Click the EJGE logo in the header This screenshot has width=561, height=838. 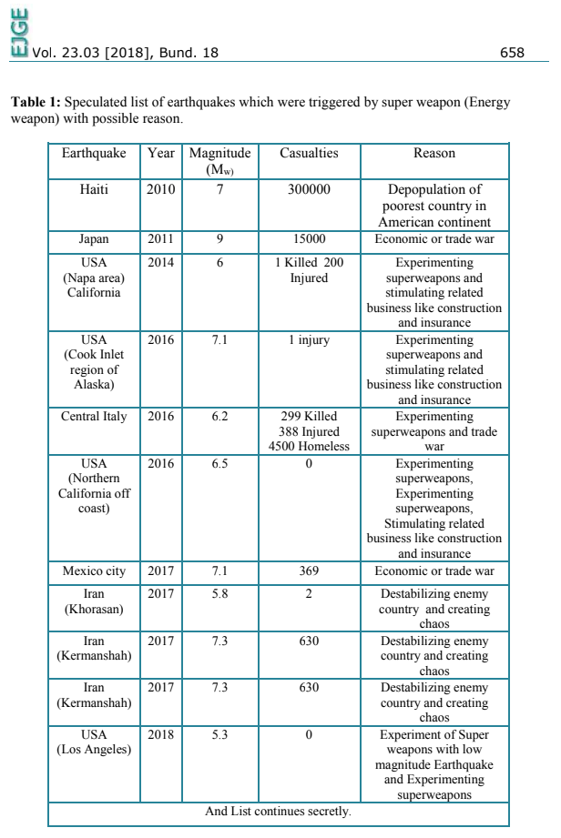pos(17,29)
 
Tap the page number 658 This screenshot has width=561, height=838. pos(513,54)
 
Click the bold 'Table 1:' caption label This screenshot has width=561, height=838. pos(36,104)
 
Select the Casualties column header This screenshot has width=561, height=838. pos(309,154)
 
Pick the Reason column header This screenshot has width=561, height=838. pos(433,154)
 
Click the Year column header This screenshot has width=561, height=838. pos(161,154)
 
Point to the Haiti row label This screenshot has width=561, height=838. pos(95,190)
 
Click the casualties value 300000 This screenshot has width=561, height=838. pos(309,190)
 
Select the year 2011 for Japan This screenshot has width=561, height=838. pos(161,239)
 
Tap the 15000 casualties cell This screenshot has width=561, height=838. pos(309,239)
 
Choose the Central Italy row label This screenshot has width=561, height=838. pos(95,417)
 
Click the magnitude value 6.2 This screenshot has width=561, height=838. pos(219,417)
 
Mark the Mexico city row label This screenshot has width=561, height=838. pos(95,571)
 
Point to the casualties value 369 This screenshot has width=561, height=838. pos(309,571)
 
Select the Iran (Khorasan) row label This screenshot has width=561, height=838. pos(95,602)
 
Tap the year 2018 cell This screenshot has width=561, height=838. pos(161,734)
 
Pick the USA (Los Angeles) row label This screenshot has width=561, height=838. pos(95,742)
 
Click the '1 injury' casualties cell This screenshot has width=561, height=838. pos(309,340)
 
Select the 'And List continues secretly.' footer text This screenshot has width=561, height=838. pos(278,811)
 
